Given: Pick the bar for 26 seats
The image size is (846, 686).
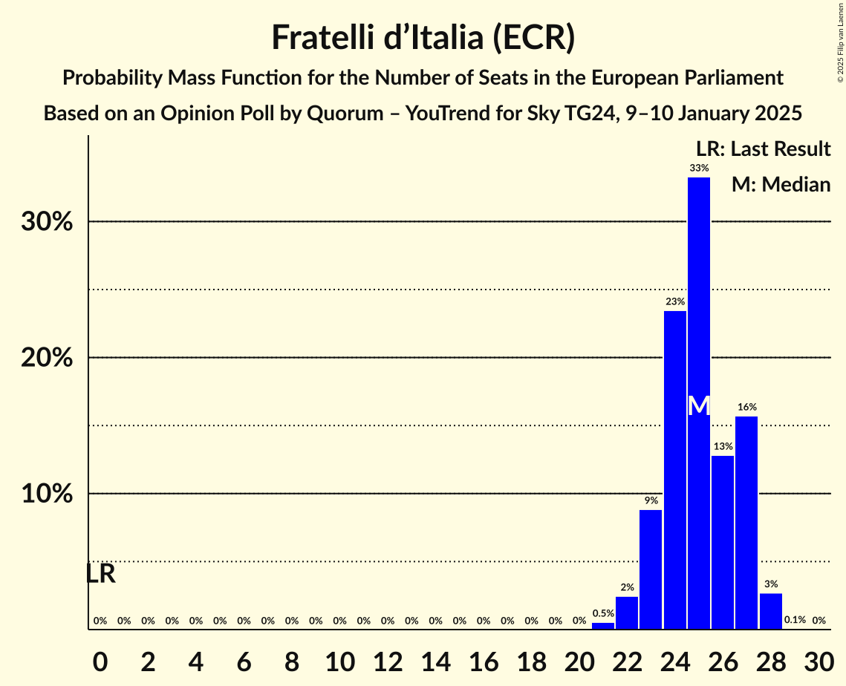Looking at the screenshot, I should pyautogui.click(x=723, y=542).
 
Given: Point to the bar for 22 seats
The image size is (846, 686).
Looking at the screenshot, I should pyautogui.click(x=627, y=613).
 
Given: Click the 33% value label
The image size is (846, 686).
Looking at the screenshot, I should pyautogui.click(x=698, y=169).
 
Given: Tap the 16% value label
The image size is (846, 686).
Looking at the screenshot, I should pyautogui.click(x=746, y=408).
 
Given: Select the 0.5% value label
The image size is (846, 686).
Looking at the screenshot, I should pyautogui.click(x=603, y=613).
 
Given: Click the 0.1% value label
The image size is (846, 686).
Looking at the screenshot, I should pyautogui.click(x=795, y=620).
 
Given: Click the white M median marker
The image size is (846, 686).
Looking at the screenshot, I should pyautogui.click(x=698, y=405).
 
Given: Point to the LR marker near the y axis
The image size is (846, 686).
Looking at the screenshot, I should pyautogui.click(x=101, y=574).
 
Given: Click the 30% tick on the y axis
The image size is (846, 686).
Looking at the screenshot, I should pyautogui.click(x=47, y=222).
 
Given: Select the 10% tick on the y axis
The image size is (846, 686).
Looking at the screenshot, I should pyautogui.click(x=47, y=494).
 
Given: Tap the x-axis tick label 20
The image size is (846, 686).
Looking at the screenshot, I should pyautogui.click(x=579, y=659).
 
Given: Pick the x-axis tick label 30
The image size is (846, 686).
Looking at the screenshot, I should pyautogui.click(x=819, y=659).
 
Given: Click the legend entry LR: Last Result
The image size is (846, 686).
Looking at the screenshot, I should pyautogui.click(x=763, y=149).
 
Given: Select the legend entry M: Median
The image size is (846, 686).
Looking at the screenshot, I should pyautogui.click(x=781, y=184).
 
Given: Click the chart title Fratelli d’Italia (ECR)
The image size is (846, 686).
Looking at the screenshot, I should pyautogui.click(x=423, y=38).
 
